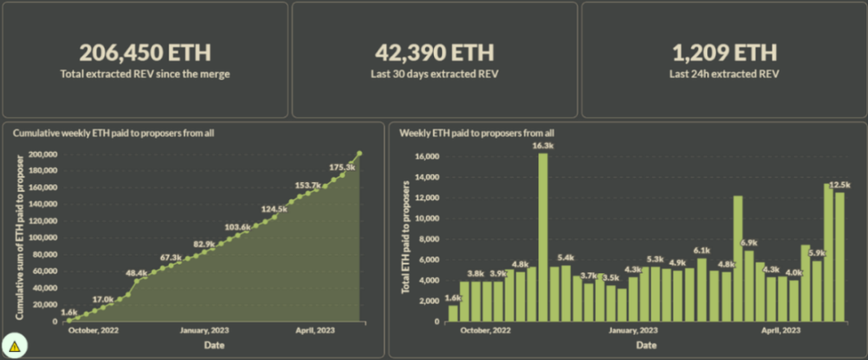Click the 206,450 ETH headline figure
[145, 53]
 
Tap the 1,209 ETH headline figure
[723, 53]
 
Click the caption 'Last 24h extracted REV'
[723, 73]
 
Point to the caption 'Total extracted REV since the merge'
[145, 73]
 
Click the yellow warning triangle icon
[14, 345]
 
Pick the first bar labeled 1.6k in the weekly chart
[453, 313]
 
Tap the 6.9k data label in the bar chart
[749, 242]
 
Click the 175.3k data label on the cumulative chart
[342, 167]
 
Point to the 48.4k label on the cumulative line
[137, 272]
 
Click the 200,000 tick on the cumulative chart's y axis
[43, 154]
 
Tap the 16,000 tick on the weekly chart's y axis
[429, 155]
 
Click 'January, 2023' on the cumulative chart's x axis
[206, 330]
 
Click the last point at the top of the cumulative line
[359, 154]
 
